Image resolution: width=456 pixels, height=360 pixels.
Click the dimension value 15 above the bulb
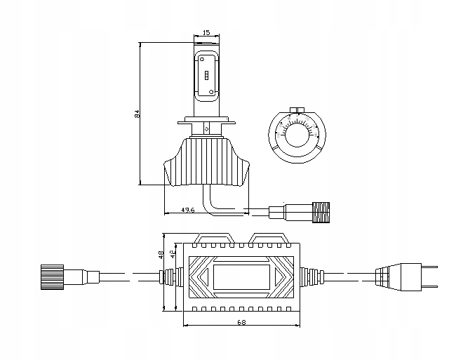click(x=206, y=32)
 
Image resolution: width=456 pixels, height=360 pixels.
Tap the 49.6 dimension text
click(x=187, y=210)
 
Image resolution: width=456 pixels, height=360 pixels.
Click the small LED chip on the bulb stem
click(x=207, y=75)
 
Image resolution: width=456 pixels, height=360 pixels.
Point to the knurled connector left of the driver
click(x=53, y=274)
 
